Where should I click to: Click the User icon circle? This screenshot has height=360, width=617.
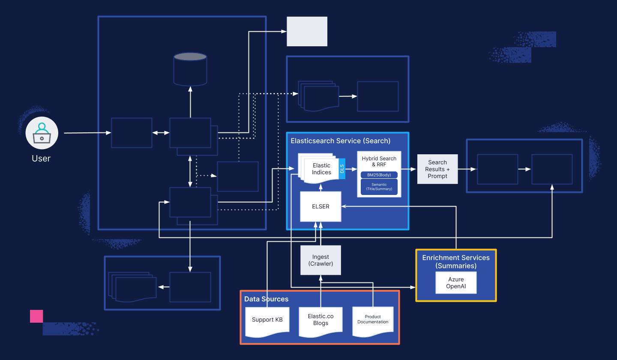[42, 133]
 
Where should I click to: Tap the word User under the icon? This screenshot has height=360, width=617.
[41, 159]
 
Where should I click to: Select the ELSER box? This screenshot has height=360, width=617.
[320, 207]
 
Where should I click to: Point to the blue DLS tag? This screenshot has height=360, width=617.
[342, 169]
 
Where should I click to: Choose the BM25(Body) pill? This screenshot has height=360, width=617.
[379, 175]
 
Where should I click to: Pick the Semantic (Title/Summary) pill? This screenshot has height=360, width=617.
[379, 187]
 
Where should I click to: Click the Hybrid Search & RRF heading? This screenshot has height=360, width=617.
[379, 161]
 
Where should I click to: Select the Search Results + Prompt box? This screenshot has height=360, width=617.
[437, 169]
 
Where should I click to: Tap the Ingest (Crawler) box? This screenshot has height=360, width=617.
[320, 260]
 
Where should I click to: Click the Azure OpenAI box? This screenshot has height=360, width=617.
[455, 283]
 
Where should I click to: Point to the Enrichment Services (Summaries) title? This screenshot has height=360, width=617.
[456, 261]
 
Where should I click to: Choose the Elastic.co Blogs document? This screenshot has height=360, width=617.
[320, 320]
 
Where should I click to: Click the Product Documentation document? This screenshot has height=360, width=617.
[373, 320]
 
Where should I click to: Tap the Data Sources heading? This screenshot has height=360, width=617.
[267, 299]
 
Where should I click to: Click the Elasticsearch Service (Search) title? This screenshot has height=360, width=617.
[340, 141]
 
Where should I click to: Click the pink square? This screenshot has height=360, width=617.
[36, 316]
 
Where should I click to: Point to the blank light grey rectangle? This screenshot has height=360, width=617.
[307, 31]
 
